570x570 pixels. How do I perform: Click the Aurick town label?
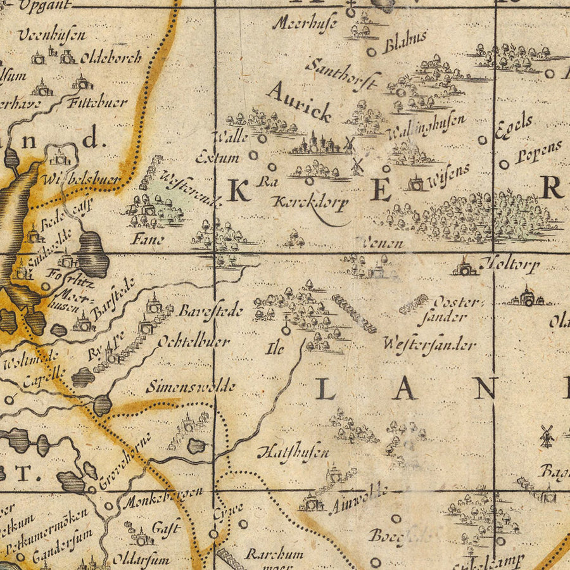point(300,101)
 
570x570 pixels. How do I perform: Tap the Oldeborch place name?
point(111,58)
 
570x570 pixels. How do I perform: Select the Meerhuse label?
point(305,23)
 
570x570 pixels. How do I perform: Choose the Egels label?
point(514,127)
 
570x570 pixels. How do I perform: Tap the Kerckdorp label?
point(310,203)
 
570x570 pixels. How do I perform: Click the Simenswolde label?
point(190,386)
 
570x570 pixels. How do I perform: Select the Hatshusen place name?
point(293,452)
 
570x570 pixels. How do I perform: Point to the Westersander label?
point(429,345)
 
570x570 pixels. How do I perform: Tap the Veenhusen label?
point(51,35)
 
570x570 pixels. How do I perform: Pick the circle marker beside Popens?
point(504,165)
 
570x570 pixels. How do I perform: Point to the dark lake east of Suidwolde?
point(93,253)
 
